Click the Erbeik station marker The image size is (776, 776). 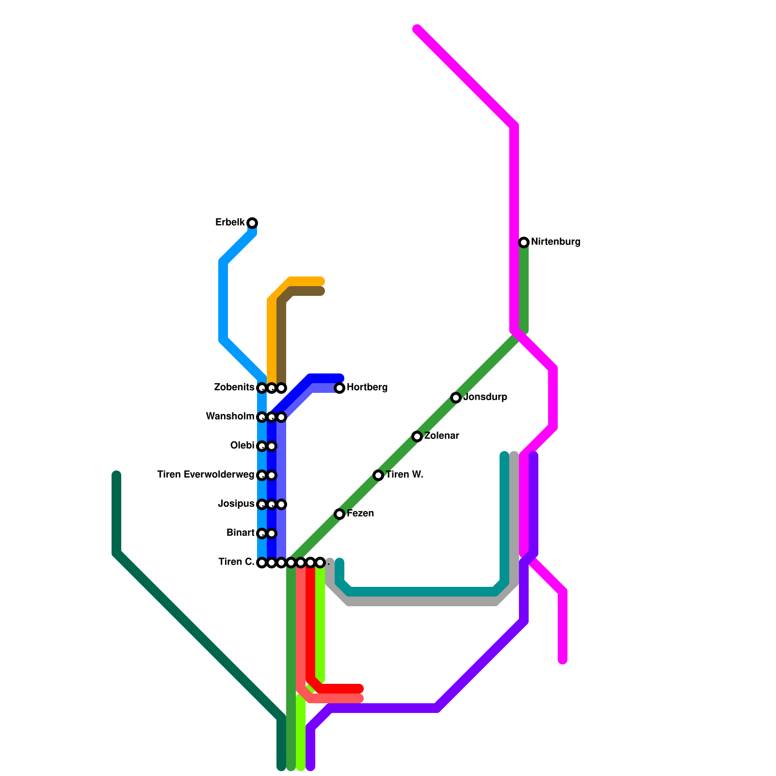pyautogui.click(x=252, y=223)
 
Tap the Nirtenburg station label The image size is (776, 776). pyautogui.click(x=555, y=242)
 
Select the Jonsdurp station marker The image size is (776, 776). pyautogui.click(x=456, y=398)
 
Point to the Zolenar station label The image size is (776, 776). pyautogui.click(x=441, y=436)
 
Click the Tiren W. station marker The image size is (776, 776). pyautogui.click(x=378, y=475)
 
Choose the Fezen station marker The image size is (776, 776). pyautogui.click(x=339, y=514)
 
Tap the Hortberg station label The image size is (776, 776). pyautogui.click(x=367, y=388)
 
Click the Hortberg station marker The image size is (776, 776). pyautogui.click(x=339, y=388)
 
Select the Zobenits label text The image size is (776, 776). pyautogui.click(x=234, y=388)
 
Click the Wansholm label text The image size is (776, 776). pyautogui.click(x=230, y=417)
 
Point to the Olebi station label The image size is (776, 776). pyautogui.click(x=242, y=446)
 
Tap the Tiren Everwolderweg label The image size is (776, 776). pyautogui.click(x=206, y=475)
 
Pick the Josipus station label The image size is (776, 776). pyautogui.click(x=236, y=504)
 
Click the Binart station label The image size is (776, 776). pyautogui.click(x=241, y=533)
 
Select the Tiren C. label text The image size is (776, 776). pyautogui.click(x=236, y=562)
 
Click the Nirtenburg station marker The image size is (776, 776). pyautogui.click(x=524, y=242)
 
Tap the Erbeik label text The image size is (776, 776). pyautogui.click(x=230, y=223)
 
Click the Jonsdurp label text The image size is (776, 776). pyautogui.click(x=485, y=397)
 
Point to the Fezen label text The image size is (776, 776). pyautogui.click(x=360, y=514)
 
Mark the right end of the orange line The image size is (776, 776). pyautogui.click(x=321, y=281)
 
